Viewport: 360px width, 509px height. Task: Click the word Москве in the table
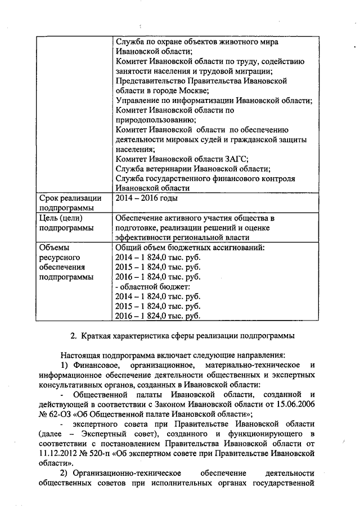click(192, 91)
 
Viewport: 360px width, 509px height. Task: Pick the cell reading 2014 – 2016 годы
click(147, 198)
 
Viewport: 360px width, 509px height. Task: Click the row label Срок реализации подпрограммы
click(70, 202)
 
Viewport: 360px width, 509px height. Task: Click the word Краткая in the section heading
click(100, 336)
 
